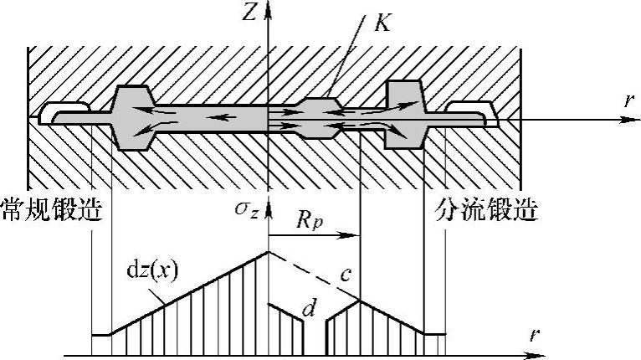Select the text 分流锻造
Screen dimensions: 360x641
click(x=485, y=211)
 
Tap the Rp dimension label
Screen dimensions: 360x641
click(x=310, y=223)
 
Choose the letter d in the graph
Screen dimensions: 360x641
click(x=309, y=311)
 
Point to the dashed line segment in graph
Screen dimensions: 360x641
click(x=313, y=275)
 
